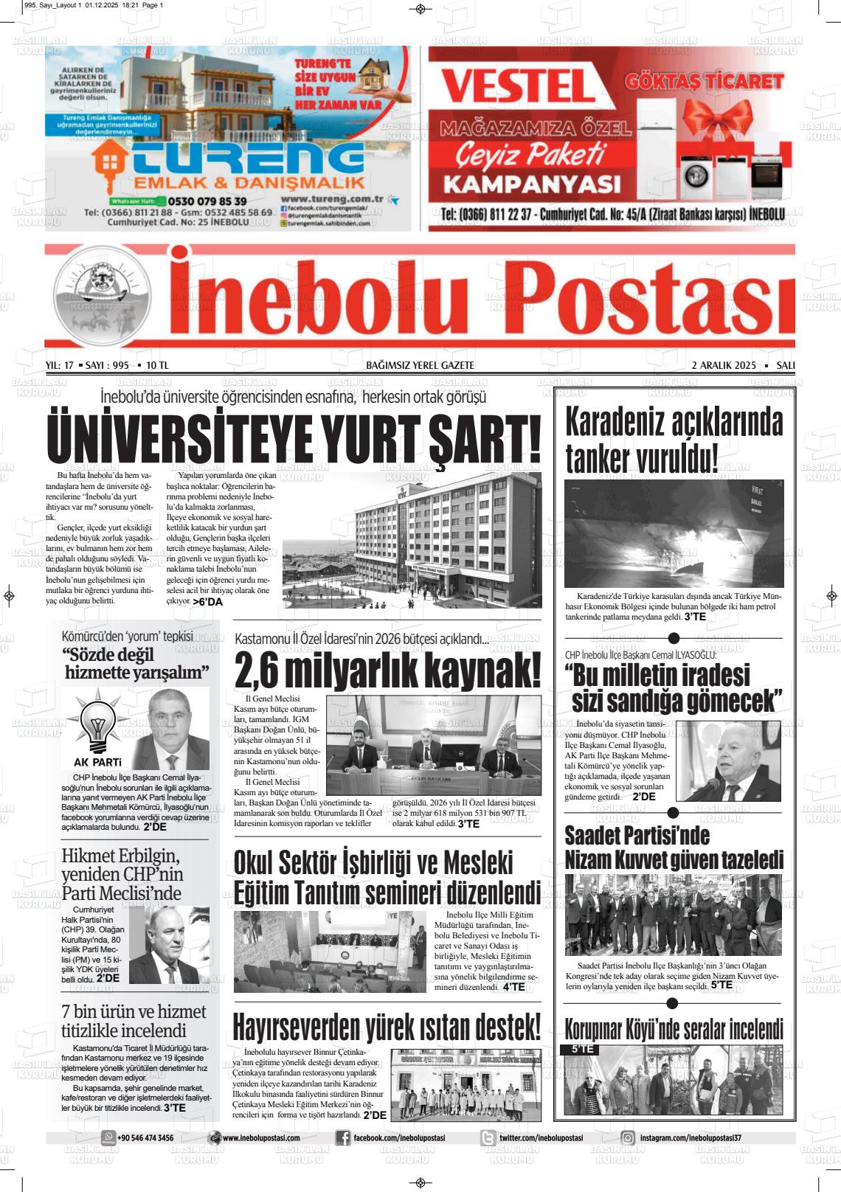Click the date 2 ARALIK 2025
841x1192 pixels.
(724, 365)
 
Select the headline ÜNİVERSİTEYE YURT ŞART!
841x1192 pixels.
(294, 438)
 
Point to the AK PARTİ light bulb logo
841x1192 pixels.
(97, 725)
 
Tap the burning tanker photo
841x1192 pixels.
(674, 533)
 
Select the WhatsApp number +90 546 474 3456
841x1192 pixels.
(145, 1138)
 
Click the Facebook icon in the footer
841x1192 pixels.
(343, 1138)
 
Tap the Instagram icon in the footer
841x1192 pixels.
(628, 1138)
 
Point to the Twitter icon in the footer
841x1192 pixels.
(488, 1138)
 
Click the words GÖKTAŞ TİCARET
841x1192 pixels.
(704, 81)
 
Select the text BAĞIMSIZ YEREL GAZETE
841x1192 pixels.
(420, 365)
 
